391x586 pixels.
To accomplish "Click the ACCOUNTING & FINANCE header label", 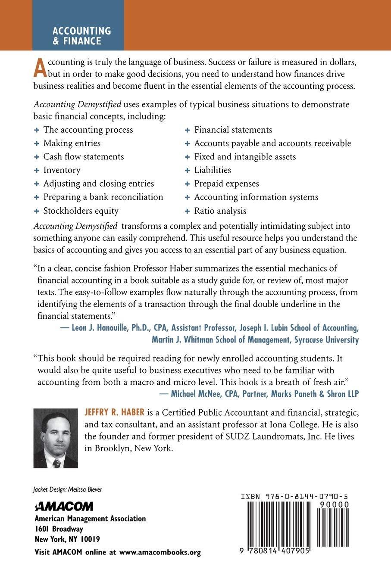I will click(x=81, y=36).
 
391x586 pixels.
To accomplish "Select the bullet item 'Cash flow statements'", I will click(x=83, y=156).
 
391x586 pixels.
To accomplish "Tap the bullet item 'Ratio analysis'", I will click(x=220, y=211).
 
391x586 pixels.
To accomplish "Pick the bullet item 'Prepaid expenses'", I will click(x=226, y=184).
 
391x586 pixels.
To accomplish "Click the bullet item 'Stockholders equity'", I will click(x=81, y=211).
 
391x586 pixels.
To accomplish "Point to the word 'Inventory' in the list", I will click(x=62, y=170).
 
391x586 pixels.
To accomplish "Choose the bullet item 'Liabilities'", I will click(x=213, y=170).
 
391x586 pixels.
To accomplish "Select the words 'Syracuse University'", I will click(x=326, y=340).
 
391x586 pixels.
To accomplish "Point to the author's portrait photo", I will click(x=56, y=438).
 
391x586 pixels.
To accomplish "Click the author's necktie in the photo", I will click(x=56, y=463).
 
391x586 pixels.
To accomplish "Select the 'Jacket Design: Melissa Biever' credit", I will click(x=67, y=489).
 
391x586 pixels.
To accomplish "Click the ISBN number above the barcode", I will click(x=295, y=496).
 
